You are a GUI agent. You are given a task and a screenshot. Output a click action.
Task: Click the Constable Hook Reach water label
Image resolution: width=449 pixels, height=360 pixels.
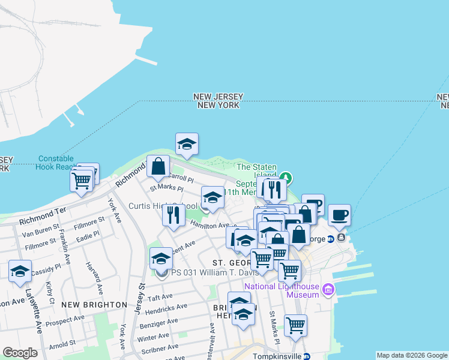[x=56, y=163]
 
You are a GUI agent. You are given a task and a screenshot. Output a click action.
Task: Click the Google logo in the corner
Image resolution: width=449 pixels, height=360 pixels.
[x=20, y=353]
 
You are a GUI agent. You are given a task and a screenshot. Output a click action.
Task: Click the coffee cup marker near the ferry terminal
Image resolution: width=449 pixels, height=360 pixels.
[x=339, y=215]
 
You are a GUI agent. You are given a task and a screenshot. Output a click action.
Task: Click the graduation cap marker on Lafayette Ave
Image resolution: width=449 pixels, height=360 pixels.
[x=20, y=271]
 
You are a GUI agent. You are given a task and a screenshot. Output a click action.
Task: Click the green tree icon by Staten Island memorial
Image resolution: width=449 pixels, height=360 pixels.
[x=287, y=178]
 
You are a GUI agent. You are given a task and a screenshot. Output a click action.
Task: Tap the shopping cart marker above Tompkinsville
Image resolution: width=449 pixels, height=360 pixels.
[x=295, y=325]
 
